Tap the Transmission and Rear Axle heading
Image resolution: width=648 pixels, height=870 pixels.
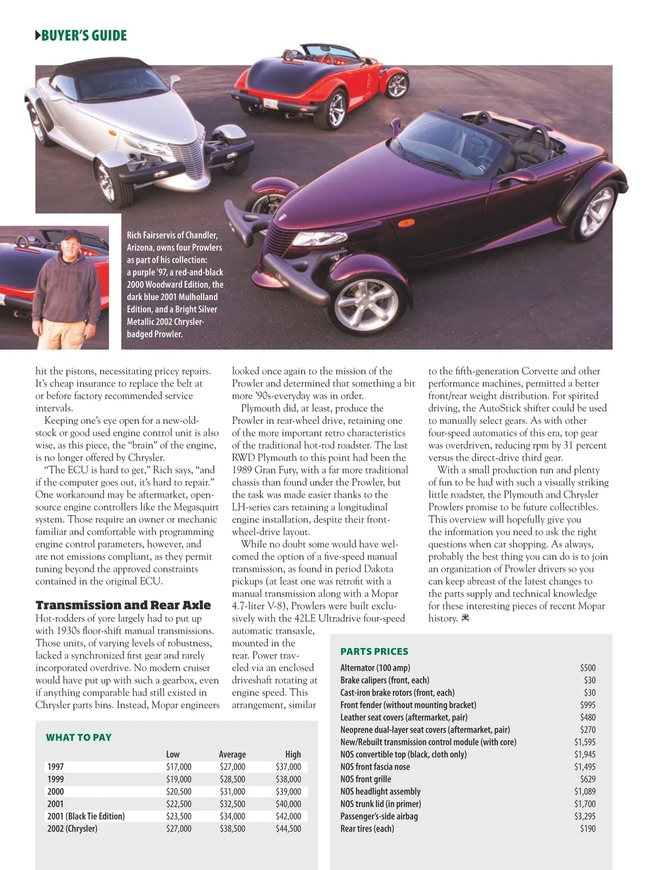[x=123, y=605]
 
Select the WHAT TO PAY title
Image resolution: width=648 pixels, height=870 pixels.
[x=79, y=737]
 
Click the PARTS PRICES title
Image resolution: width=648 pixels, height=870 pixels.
[x=374, y=651]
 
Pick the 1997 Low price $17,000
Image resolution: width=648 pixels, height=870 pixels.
[x=178, y=767]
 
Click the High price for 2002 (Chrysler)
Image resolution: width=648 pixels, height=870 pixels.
[x=288, y=829]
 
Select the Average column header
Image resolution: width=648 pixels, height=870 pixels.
[x=232, y=755]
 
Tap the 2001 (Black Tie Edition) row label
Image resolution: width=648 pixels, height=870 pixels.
[x=86, y=817]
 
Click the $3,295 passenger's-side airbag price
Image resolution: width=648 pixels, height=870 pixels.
[x=584, y=817]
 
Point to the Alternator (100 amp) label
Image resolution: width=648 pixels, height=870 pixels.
[x=375, y=668]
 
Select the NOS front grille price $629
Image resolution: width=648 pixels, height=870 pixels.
[x=588, y=779]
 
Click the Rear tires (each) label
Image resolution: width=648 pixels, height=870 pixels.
[x=367, y=829]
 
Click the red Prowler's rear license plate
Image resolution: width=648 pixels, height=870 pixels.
[x=271, y=102]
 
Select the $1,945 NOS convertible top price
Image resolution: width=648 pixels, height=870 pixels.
[x=584, y=755]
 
